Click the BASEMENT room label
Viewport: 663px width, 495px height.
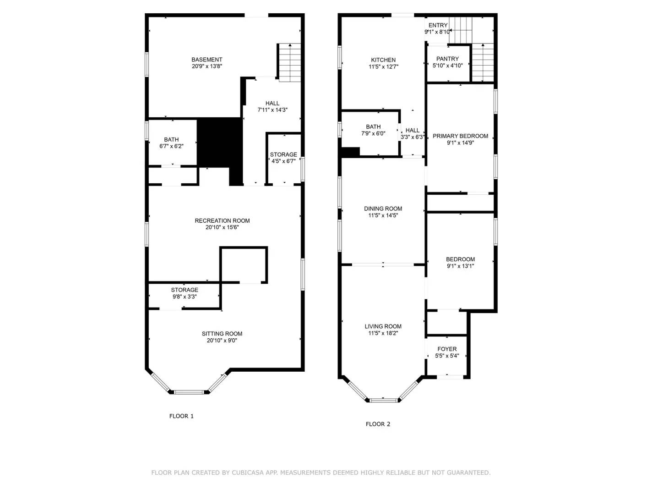tap(207, 60)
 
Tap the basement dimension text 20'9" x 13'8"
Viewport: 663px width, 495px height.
tap(207, 66)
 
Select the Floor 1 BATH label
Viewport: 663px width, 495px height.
tap(171, 140)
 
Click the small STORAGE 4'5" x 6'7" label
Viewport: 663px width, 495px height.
tap(283, 158)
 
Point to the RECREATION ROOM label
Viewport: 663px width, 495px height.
tap(222, 221)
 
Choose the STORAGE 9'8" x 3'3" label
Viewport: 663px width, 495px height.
tap(185, 293)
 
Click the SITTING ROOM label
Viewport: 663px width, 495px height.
tap(222, 334)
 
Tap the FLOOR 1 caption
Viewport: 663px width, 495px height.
tap(181, 416)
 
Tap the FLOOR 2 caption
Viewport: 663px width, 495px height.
tap(378, 424)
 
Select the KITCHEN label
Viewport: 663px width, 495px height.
tap(383, 60)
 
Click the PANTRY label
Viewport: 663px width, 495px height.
tap(447, 59)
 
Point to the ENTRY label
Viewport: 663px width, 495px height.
tap(438, 26)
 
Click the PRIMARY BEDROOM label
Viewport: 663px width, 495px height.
tap(460, 136)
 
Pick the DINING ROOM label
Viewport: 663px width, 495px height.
tap(383, 209)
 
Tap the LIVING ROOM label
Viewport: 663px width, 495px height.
tap(383, 327)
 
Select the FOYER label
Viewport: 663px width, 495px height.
tap(447, 349)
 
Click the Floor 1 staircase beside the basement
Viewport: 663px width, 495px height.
tap(290, 63)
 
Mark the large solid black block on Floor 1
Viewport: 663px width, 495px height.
tap(219, 142)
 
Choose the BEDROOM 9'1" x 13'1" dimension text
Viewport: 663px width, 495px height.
tap(460, 266)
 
